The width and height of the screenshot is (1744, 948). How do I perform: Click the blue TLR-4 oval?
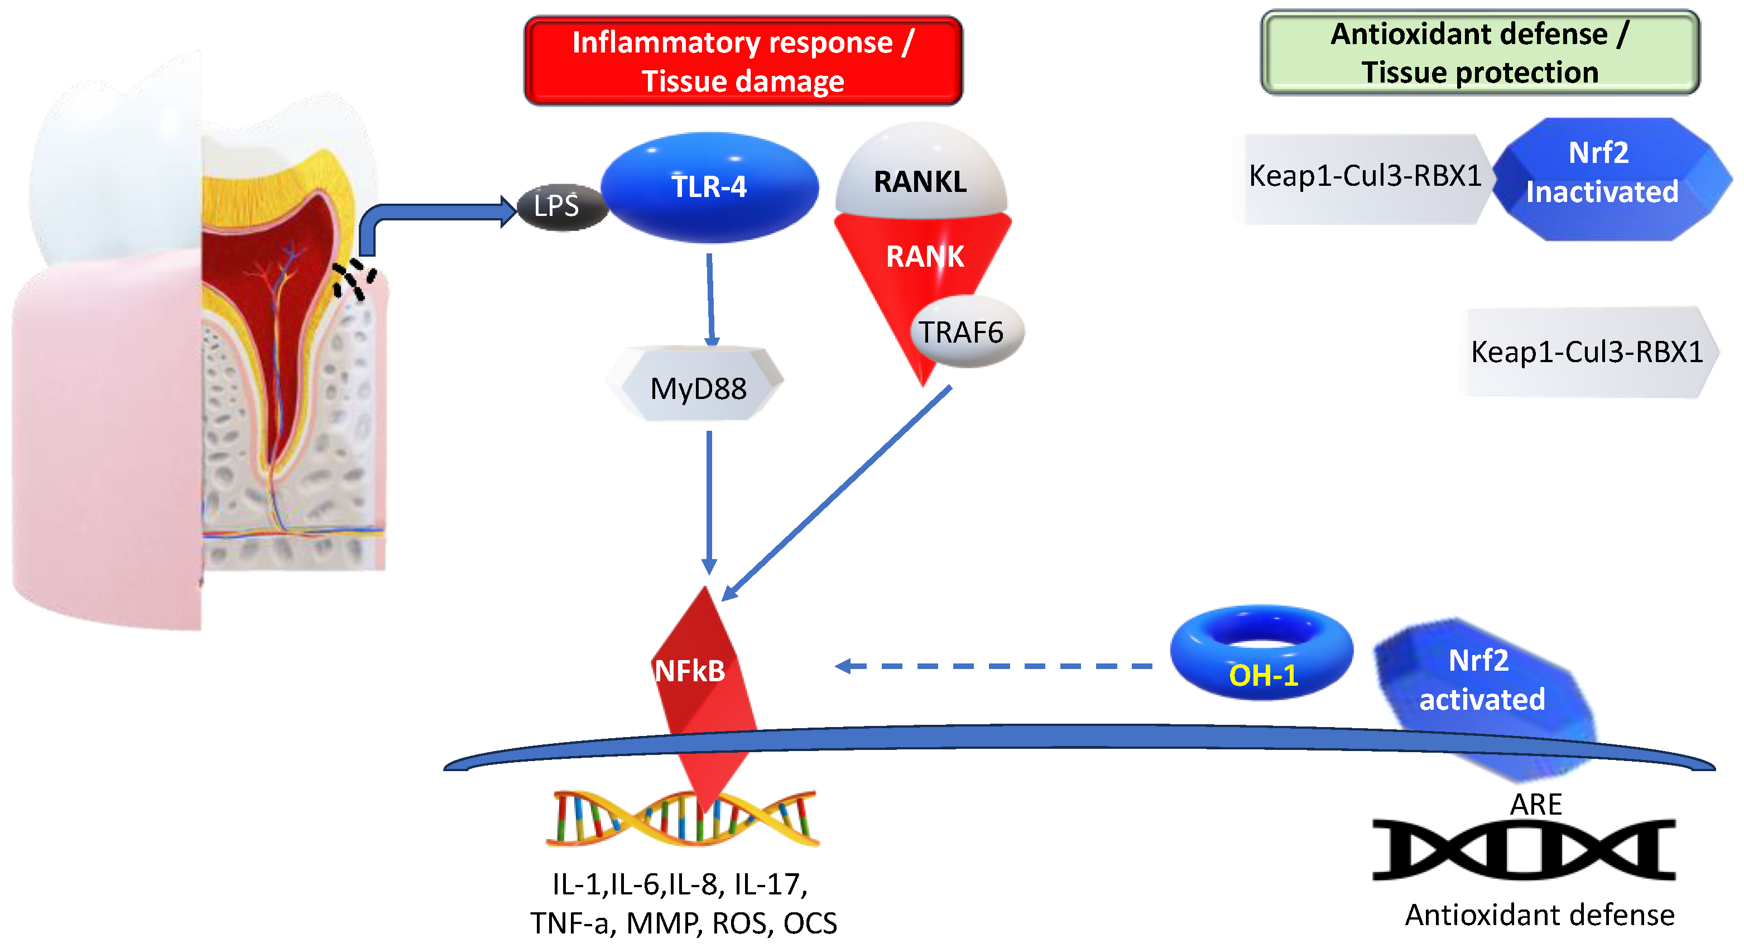tap(709, 187)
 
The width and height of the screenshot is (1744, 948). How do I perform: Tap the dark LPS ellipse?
tap(560, 206)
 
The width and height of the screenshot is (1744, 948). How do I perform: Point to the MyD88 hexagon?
tap(698, 387)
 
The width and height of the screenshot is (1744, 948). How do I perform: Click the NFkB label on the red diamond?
tap(690, 671)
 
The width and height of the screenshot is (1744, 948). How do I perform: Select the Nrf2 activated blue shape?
tap(1483, 684)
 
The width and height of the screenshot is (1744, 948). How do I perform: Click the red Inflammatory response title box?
tap(743, 61)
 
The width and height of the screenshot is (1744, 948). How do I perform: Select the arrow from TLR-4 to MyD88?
tap(710, 298)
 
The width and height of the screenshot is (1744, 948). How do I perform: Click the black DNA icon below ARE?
tap(1524, 849)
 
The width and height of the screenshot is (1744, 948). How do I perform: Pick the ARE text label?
tap(1535, 805)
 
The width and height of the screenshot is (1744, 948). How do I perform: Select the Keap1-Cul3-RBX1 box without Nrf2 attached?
tap(1586, 352)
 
